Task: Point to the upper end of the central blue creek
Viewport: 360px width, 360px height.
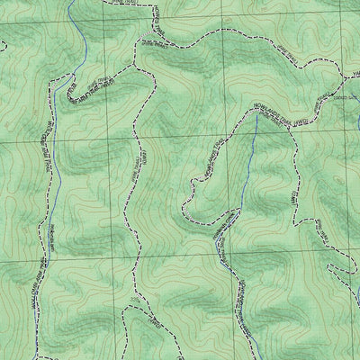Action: click(256, 115)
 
